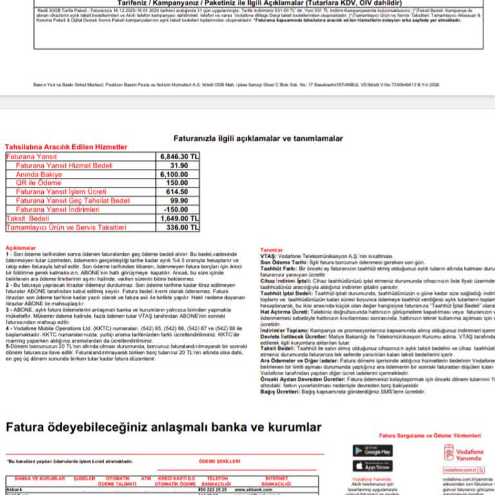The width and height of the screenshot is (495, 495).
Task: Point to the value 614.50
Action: (177, 192)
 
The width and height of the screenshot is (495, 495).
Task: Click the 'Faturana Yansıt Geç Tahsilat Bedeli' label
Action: (73, 201)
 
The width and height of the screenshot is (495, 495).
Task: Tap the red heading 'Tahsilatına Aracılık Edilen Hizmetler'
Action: (66, 147)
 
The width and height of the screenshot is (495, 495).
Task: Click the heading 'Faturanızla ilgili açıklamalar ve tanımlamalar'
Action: (258, 139)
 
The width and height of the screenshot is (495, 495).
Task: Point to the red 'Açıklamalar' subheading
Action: (21, 247)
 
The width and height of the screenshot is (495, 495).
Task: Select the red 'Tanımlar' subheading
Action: (271, 250)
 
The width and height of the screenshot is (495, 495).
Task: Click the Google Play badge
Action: (373, 451)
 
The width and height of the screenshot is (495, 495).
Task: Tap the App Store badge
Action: (373, 466)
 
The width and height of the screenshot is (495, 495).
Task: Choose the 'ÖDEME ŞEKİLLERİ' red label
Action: (219, 461)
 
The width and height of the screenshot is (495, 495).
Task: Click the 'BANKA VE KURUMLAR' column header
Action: (40, 479)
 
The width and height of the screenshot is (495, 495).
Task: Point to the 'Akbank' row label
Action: (14, 490)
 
